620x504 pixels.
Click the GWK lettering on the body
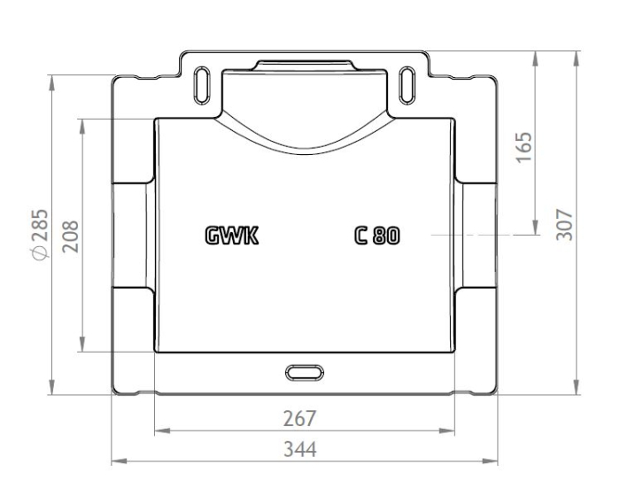point(232,236)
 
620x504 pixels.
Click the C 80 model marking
point(376,236)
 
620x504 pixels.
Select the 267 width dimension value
point(299,419)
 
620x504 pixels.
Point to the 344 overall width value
point(300,449)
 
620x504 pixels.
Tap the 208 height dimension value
point(71,236)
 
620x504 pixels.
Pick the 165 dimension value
point(524,147)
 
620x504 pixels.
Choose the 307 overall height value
point(564,224)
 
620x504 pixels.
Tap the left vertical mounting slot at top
point(202,85)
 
